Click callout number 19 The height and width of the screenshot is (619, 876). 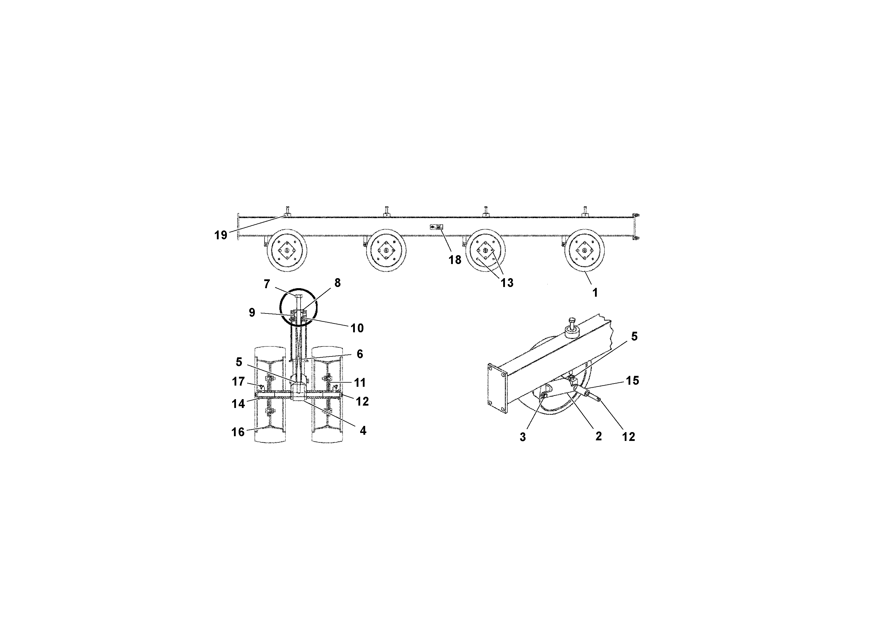pos(220,235)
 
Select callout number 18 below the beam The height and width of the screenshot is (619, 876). pos(455,260)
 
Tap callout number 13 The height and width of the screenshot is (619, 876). pos(507,283)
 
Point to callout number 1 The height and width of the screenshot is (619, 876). pos(594,293)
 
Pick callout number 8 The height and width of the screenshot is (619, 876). pos(337,283)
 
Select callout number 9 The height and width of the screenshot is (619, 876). pos(252,313)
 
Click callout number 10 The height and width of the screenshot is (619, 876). pos(357,328)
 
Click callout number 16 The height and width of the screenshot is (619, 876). pos(238,432)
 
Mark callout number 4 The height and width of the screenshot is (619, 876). pos(363,431)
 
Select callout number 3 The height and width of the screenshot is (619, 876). pos(523,437)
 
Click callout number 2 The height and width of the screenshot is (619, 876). pos(598,436)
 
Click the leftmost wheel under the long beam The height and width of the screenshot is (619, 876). pos(287,250)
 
